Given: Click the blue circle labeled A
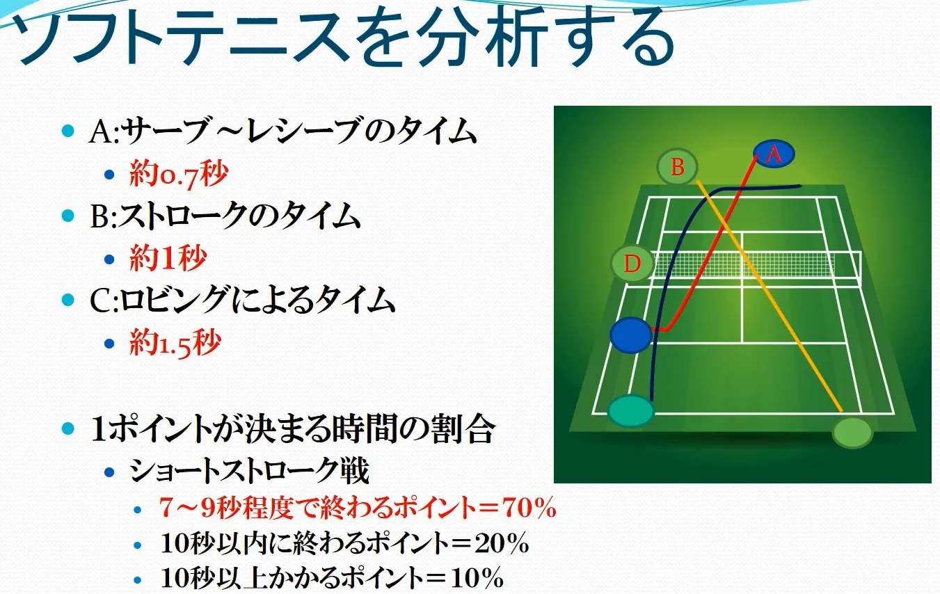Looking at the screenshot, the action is point(774,154).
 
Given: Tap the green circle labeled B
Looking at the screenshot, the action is point(677,166).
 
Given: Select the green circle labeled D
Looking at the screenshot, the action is point(632,263).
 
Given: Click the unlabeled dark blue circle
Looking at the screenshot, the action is point(630,335).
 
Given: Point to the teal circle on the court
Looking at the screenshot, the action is point(630,410).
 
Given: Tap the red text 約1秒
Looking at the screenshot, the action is point(168,257).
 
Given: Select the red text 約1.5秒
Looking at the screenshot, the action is point(175,343).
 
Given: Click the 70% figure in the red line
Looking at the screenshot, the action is point(530,508).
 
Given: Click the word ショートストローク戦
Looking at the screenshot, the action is point(249,471).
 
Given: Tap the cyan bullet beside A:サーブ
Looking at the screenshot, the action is point(68,131).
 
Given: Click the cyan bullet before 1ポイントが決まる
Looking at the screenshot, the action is point(68,428).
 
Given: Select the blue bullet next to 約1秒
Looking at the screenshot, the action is point(109,259).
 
